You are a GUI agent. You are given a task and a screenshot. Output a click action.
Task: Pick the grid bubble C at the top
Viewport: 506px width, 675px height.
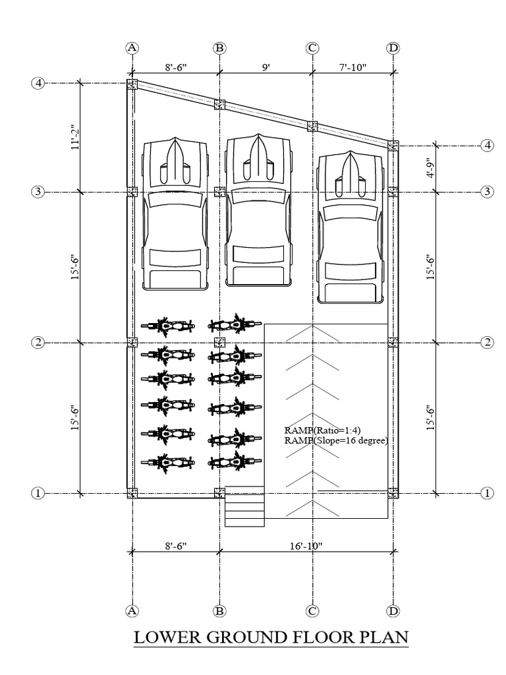pos(312,48)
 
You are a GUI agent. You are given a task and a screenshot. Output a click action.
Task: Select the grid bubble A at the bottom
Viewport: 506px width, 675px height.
pos(132,610)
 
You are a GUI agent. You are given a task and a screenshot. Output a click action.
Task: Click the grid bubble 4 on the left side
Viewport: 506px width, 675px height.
pos(39,84)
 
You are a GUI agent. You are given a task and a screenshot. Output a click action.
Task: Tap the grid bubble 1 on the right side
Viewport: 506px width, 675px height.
pos(488,492)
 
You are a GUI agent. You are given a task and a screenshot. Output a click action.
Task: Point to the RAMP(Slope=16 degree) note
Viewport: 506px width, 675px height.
pos(336,440)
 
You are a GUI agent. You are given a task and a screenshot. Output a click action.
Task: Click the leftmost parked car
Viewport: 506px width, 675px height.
pos(175,214)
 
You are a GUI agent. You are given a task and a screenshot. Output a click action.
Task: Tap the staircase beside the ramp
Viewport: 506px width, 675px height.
pos(244,506)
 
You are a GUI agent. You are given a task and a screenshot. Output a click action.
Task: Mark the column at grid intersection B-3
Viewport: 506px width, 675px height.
pos(220,192)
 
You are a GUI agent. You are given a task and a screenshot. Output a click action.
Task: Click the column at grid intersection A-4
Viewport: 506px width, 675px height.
pos(132,84)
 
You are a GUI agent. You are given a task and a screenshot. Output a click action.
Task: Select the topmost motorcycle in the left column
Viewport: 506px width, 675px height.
pos(167,325)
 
